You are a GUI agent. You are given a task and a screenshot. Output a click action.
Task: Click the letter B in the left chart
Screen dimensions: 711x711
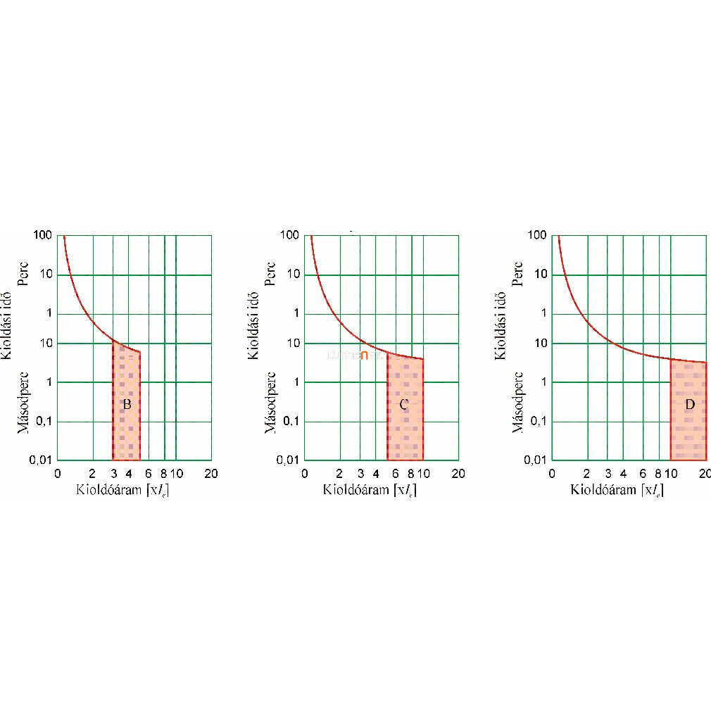127,405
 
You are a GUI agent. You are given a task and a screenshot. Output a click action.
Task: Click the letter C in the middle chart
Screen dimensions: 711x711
403,405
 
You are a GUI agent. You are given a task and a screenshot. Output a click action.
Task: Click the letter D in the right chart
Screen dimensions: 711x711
689,405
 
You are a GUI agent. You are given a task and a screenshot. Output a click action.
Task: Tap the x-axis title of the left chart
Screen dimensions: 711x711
122,490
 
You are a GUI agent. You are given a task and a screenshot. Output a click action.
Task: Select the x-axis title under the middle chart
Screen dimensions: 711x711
369,490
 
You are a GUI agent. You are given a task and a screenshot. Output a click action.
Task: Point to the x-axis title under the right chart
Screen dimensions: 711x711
617,490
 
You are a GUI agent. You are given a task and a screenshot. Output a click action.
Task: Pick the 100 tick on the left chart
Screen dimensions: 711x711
43,234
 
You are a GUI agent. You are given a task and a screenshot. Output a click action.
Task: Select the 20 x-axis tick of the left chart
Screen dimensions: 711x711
210,474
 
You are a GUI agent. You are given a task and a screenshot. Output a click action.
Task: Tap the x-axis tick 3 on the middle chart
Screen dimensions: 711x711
360,474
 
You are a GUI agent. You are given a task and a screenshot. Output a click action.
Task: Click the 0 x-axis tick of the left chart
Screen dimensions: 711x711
58,474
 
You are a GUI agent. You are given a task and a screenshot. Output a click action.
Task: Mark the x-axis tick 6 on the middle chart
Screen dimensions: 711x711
395,474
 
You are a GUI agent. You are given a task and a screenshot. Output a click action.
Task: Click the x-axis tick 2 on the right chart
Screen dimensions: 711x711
587,474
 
